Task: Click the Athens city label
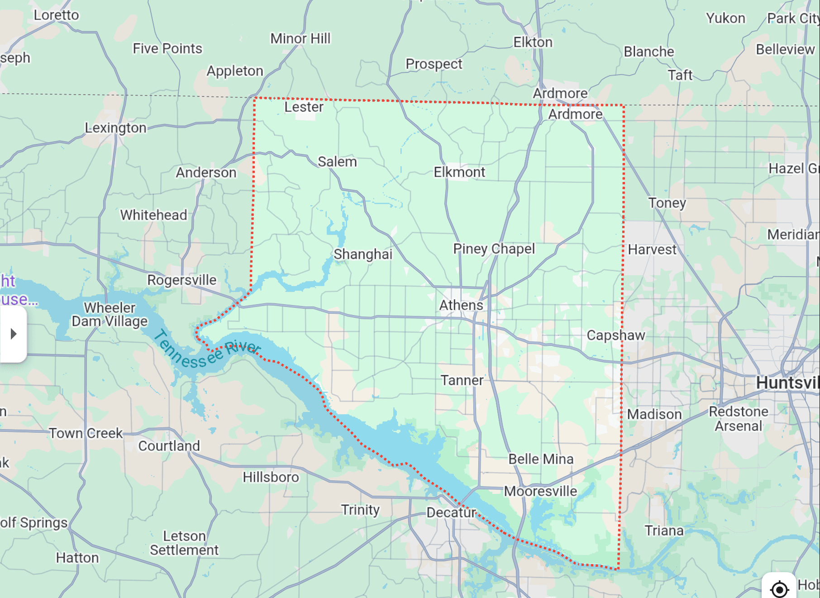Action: tap(461, 305)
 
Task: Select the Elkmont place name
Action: tap(459, 172)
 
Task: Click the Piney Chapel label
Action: tap(494, 249)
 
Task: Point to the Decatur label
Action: tap(451, 512)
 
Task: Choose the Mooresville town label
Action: tap(540, 491)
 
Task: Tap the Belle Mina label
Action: tap(541, 459)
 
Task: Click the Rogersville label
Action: tap(181, 280)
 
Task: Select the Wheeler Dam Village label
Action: tap(110, 314)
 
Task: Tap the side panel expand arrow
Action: tap(14, 334)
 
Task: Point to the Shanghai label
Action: tap(363, 254)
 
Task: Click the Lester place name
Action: tap(304, 107)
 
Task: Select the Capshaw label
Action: tap(615, 335)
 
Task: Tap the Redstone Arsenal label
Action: tap(739, 419)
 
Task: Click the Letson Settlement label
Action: tap(184, 543)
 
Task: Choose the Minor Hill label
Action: tap(300, 38)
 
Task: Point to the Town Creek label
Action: tap(86, 433)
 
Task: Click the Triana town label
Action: tap(664, 531)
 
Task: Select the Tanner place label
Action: tap(462, 380)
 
